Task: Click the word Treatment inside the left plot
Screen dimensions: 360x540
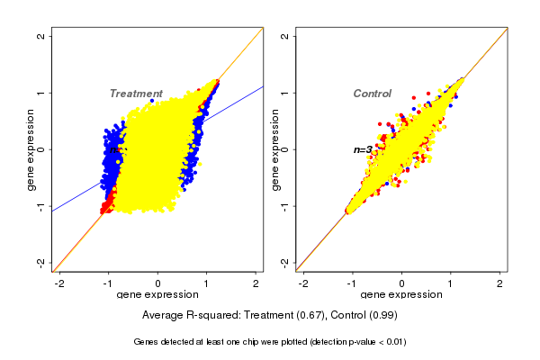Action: pyautogui.click(x=136, y=94)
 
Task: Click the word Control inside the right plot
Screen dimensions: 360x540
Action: pyautogui.click(x=372, y=94)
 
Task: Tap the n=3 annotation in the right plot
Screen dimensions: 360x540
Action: pyautogui.click(x=363, y=149)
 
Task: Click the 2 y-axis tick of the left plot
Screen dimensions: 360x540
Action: pyautogui.click(x=40, y=36)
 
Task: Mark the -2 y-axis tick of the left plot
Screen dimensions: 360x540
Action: pyautogui.click(x=40, y=262)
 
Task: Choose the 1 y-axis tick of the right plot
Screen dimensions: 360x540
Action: pyautogui.click(x=284, y=93)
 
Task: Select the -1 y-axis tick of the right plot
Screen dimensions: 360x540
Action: pyautogui.click(x=284, y=206)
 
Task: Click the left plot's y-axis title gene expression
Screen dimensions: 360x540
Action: pyautogui.click(x=31, y=149)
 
